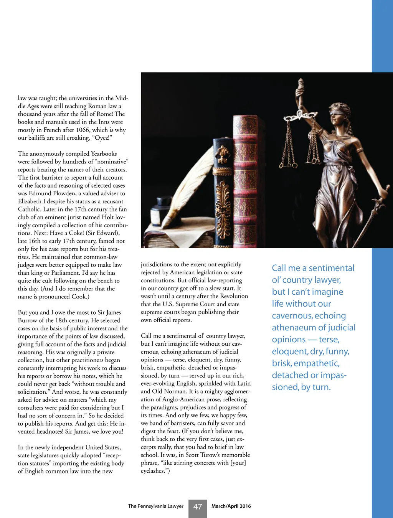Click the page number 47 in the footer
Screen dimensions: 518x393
198,506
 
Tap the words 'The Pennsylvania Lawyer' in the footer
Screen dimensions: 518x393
155,506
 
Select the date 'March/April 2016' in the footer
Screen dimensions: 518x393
231,506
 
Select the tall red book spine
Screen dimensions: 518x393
246,180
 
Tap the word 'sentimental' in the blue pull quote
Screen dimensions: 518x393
332,268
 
